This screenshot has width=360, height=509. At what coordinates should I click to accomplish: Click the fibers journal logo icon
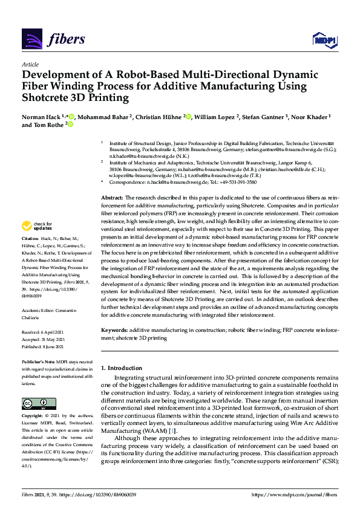(x=31, y=39)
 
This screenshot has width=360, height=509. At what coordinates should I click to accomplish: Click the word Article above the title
(x=30, y=64)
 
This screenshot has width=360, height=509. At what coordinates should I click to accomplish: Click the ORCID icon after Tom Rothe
(x=70, y=125)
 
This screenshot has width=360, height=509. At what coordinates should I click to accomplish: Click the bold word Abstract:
(x=112, y=198)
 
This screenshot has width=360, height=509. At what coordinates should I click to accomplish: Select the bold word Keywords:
(x=114, y=331)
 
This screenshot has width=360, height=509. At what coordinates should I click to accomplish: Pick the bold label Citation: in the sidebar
(x=33, y=257)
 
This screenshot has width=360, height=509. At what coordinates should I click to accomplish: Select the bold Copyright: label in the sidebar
(x=34, y=417)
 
